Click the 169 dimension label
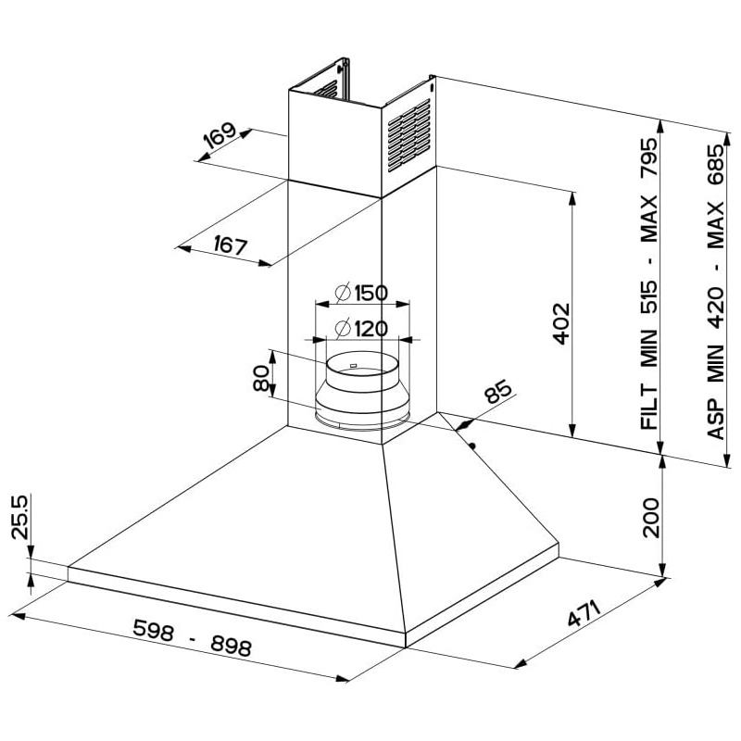coord(220,137)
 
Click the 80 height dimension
coord(261,377)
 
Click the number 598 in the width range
coord(153,630)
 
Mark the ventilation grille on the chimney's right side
coord(408,133)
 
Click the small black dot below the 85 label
coord(473,446)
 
